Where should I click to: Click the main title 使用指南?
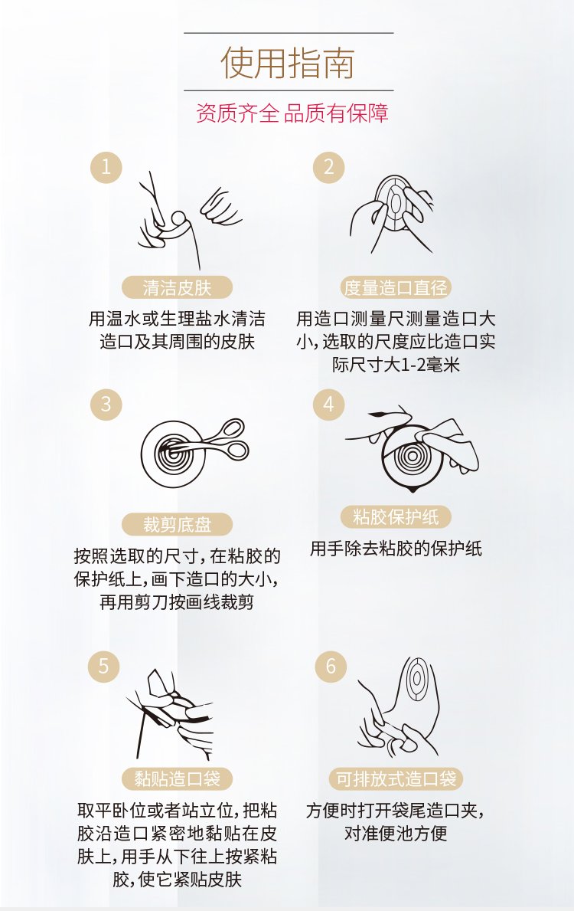288,63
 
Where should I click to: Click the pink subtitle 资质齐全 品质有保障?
292,113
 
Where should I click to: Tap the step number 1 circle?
106,167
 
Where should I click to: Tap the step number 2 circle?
329,167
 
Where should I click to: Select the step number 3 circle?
106,405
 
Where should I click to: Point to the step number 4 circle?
329,405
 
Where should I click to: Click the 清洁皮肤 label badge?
177,287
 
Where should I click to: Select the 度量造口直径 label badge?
395,287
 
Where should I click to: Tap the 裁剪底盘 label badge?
177,525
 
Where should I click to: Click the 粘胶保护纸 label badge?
395,517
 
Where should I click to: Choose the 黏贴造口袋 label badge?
177,778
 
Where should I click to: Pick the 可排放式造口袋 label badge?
396,778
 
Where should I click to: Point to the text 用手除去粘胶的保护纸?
396,549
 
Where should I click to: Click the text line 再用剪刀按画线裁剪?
177,602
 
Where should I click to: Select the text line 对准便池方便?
396,833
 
